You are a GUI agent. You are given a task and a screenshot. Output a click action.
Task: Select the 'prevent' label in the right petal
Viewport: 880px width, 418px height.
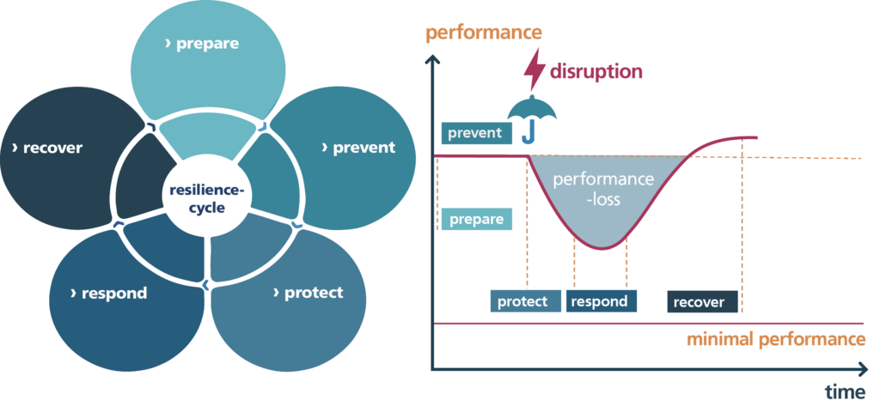pos(358,148)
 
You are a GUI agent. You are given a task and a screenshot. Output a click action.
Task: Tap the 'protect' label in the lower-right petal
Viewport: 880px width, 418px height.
pos(309,293)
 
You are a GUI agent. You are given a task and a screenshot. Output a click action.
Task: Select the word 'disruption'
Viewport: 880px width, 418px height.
pos(597,71)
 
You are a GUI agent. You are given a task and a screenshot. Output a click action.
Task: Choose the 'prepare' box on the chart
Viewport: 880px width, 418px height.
pos(475,219)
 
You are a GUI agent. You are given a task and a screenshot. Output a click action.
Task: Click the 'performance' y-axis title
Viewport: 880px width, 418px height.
pos(484,33)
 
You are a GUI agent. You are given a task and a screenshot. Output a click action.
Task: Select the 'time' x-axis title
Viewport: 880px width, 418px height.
pos(845,393)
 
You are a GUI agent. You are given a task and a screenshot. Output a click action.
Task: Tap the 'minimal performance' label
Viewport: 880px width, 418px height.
pos(776,339)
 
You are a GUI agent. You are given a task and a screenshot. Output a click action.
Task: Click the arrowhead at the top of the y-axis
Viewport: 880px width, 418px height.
pos(433,61)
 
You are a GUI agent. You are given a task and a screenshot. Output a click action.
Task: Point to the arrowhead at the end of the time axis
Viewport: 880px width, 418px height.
pos(863,369)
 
